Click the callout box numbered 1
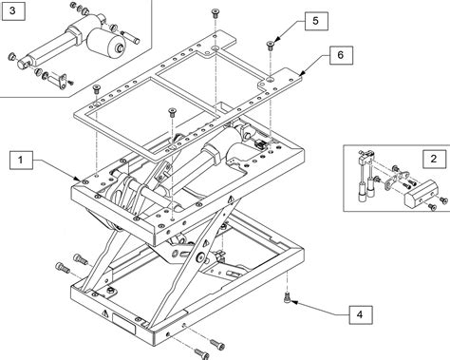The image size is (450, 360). [x=21, y=161]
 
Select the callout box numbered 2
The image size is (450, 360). [x=434, y=159]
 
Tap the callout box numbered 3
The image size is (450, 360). [x=12, y=11]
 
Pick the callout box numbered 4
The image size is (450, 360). [x=361, y=314]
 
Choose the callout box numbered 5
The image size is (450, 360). [x=316, y=21]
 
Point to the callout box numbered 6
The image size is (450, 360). [x=341, y=55]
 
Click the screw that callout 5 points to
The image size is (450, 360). [x=270, y=46]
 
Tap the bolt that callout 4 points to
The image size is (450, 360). [x=287, y=298]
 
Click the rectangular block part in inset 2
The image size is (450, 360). [x=420, y=193]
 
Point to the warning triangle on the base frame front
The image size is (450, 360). [x=104, y=313]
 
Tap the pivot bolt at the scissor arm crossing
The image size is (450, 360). [x=199, y=257]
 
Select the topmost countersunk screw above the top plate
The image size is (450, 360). [x=216, y=13]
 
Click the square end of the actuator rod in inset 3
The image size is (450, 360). [x=23, y=64]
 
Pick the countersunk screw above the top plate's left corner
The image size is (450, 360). [x=97, y=89]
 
